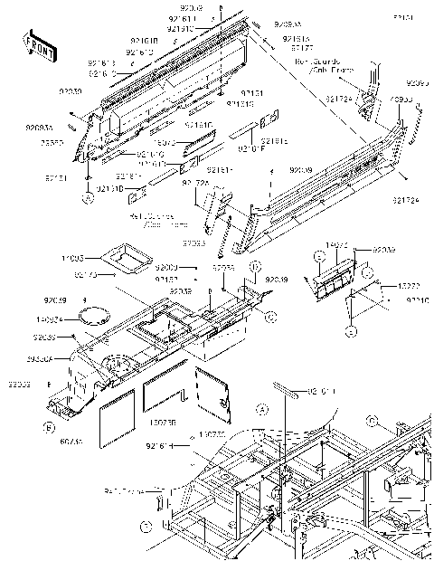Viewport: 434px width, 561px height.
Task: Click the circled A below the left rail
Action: [x=88, y=196]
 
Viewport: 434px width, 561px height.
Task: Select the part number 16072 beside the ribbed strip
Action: [x=164, y=143]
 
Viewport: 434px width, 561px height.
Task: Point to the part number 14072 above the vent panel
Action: [x=335, y=245]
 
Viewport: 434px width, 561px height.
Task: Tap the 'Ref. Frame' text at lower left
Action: [x=123, y=491]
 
